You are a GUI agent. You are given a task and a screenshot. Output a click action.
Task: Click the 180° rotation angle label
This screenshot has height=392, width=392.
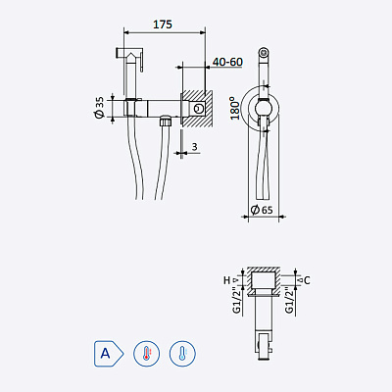point(233,105)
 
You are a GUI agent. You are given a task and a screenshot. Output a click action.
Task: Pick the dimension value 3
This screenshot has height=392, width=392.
point(196,149)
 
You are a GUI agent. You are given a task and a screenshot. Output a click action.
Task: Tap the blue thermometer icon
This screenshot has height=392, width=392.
point(181,352)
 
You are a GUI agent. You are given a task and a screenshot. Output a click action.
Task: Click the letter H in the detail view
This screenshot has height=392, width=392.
point(225,280)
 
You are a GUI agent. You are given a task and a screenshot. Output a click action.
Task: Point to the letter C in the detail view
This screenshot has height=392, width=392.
point(306,280)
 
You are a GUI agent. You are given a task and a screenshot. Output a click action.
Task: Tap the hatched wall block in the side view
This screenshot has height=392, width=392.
point(199,109)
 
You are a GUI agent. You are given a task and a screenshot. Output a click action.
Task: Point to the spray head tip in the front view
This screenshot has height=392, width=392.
point(263,50)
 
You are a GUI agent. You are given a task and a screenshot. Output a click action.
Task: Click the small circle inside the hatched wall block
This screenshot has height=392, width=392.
point(200,108)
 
